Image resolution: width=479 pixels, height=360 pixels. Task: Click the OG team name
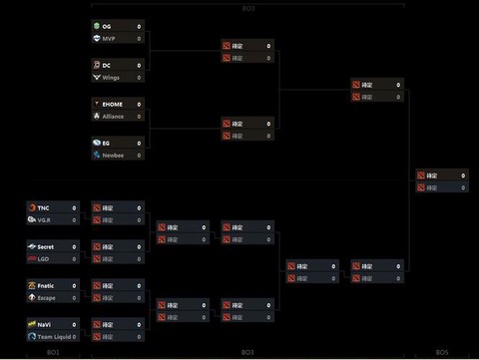pos(107,26)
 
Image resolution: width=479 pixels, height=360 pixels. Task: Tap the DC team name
pos(107,65)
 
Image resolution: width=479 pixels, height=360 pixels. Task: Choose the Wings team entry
pos(111,77)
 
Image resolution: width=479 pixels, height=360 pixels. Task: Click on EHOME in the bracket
pos(113,103)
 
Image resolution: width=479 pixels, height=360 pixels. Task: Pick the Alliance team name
pos(114,115)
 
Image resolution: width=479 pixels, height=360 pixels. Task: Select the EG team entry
pos(107,143)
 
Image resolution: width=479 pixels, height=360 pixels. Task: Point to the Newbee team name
pos(113,155)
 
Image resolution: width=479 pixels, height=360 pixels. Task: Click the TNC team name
pos(43,207)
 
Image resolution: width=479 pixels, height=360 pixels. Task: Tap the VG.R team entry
pos(44,219)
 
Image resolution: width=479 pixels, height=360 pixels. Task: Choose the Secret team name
pos(47,246)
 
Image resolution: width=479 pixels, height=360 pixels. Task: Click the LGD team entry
pos(44,258)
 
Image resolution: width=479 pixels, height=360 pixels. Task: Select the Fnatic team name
pos(47,285)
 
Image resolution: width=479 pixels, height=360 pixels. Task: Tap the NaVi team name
pos(45,324)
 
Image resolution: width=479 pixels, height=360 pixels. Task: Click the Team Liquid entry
pos(53,336)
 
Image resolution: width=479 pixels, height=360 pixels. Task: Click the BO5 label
pos(441,352)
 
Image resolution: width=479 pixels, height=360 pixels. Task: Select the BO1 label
pos(53,352)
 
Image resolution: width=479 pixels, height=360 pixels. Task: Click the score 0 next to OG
pos(139,26)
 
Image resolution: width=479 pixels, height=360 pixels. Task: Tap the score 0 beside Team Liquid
pos(74,336)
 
